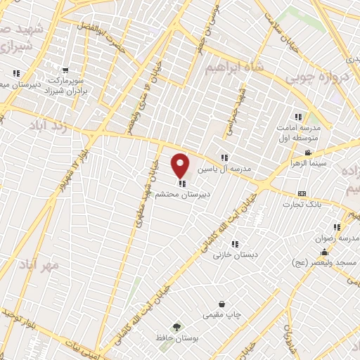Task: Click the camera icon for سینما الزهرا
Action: [307, 153]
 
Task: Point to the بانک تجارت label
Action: [302, 205]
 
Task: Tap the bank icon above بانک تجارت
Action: [302, 193]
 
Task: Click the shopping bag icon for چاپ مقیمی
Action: [222, 304]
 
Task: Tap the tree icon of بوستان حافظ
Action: [176, 326]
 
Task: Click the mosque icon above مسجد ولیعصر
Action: [324, 252]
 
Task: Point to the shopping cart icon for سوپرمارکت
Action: [65, 70]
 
